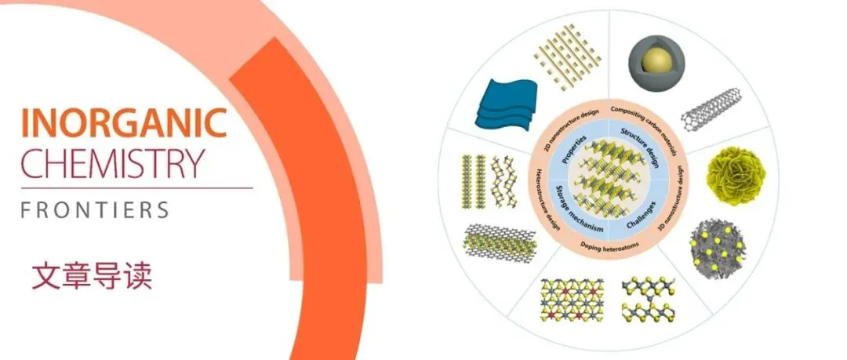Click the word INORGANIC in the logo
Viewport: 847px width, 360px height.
coord(124,123)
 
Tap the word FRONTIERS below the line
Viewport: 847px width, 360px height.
coord(95,210)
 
